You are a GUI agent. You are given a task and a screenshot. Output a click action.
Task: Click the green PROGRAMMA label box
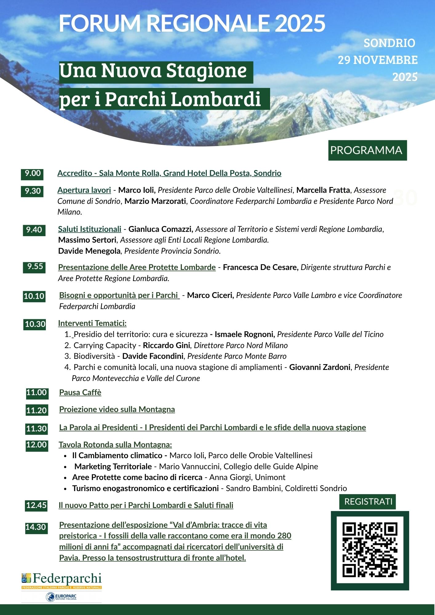pos(367,150)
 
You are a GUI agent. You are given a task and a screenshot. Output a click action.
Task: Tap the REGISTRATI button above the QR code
pos(368,502)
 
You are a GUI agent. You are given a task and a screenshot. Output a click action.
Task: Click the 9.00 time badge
pos(32,174)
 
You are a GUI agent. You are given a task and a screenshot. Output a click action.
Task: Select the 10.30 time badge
pos(35,324)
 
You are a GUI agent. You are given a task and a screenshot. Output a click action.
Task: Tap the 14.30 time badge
pos(36,527)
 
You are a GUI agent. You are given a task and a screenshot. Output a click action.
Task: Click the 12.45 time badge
pos(36,505)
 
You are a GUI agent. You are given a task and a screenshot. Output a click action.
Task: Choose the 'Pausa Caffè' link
pos(80,393)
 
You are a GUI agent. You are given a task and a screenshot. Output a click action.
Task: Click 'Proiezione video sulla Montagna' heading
pos(117,410)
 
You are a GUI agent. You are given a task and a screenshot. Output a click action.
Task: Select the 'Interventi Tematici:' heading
pos(92,323)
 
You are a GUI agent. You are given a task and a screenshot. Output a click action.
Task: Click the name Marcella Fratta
pos(323,190)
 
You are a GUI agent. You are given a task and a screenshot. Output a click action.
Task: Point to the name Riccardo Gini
pos(166,346)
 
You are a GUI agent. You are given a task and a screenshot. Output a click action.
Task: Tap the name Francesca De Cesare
pos(261,268)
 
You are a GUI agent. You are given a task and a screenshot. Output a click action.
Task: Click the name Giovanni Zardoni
pos(320,367)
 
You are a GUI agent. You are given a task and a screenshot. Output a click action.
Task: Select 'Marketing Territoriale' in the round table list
pos(113,467)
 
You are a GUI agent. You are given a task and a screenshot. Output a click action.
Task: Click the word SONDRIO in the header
pos(389,43)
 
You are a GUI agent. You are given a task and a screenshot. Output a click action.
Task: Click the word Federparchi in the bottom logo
pos(67,579)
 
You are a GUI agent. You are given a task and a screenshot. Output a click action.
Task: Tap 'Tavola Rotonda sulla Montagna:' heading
pos(115,445)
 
